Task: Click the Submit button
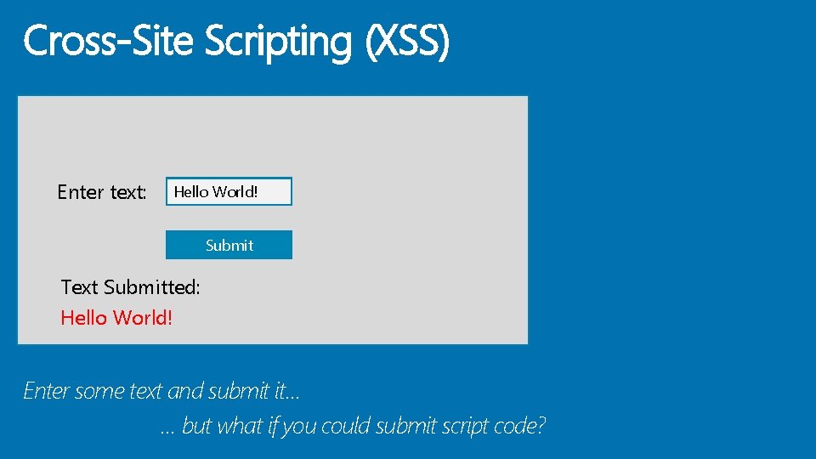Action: [x=229, y=245]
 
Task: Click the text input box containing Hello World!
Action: [x=229, y=191]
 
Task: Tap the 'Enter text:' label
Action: [x=102, y=192]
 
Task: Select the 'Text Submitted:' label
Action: [x=131, y=287]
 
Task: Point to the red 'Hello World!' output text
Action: [x=116, y=318]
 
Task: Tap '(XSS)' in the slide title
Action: [x=407, y=41]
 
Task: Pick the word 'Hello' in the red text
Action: [x=83, y=318]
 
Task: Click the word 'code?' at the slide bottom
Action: [x=518, y=426]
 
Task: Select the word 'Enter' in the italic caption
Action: [x=46, y=391]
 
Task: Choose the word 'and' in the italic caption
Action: [x=185, y=391]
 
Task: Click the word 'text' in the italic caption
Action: [x=145, y=391]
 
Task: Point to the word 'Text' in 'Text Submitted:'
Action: [x=80, y=287]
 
